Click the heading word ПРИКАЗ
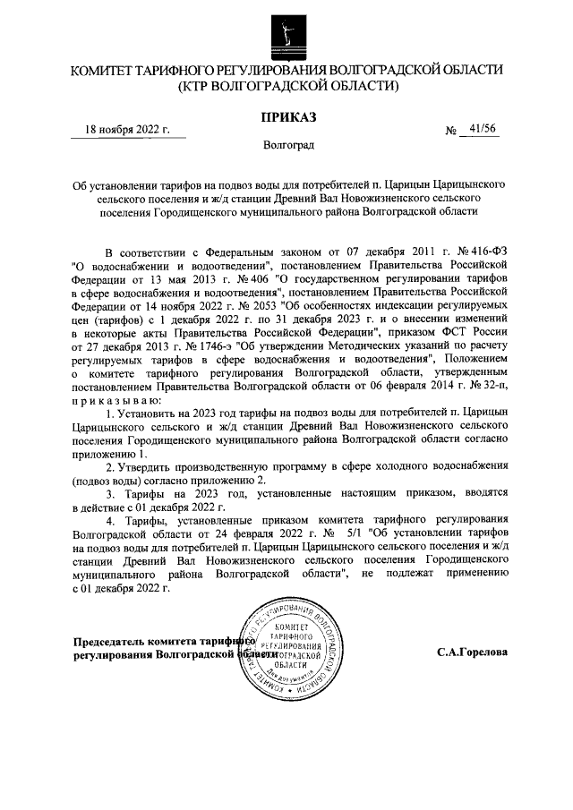(286, 117)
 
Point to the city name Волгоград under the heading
(286, 144)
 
